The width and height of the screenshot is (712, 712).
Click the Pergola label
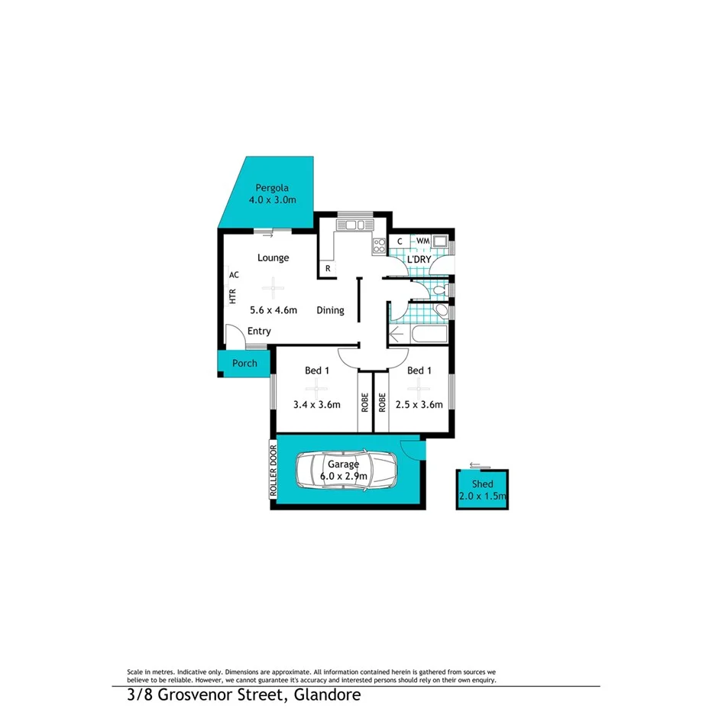(271, 187)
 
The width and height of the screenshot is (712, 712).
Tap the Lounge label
(273, 257)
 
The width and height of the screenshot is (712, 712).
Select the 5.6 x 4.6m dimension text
(273, 310)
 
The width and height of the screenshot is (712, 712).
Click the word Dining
(330, 310)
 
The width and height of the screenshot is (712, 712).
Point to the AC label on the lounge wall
(234, 274)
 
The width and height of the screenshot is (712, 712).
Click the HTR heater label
(232, 296)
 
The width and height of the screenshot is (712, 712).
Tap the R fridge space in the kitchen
(328, 268)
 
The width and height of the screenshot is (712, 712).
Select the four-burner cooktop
(378, 245)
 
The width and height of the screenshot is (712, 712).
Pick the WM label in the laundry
(422, 241)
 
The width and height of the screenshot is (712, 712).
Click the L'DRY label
(419, 260)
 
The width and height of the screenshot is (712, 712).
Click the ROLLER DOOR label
(272, 471)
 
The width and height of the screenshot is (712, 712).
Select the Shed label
(482, 484)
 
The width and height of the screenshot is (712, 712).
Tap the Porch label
(244, 363)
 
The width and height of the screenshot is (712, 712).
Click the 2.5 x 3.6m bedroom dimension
(419, 405)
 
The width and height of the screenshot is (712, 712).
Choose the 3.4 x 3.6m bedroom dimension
(316, 405)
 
